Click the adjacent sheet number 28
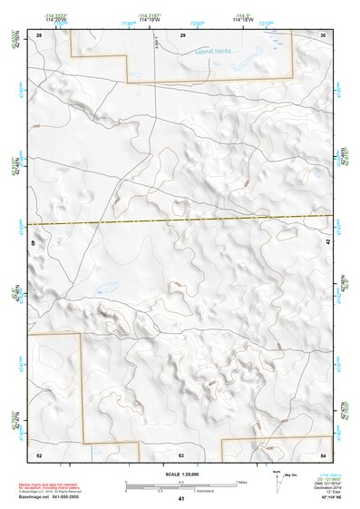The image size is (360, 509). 39,34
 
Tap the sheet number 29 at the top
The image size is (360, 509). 182,34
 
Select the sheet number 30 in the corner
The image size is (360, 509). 323,34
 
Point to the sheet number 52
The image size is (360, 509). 39,454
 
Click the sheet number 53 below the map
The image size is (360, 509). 181,454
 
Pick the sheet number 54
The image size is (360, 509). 324,454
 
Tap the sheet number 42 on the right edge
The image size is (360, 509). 328,244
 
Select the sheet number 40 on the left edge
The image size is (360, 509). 35,243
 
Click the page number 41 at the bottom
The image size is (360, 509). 181,499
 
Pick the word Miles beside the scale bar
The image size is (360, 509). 241,481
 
